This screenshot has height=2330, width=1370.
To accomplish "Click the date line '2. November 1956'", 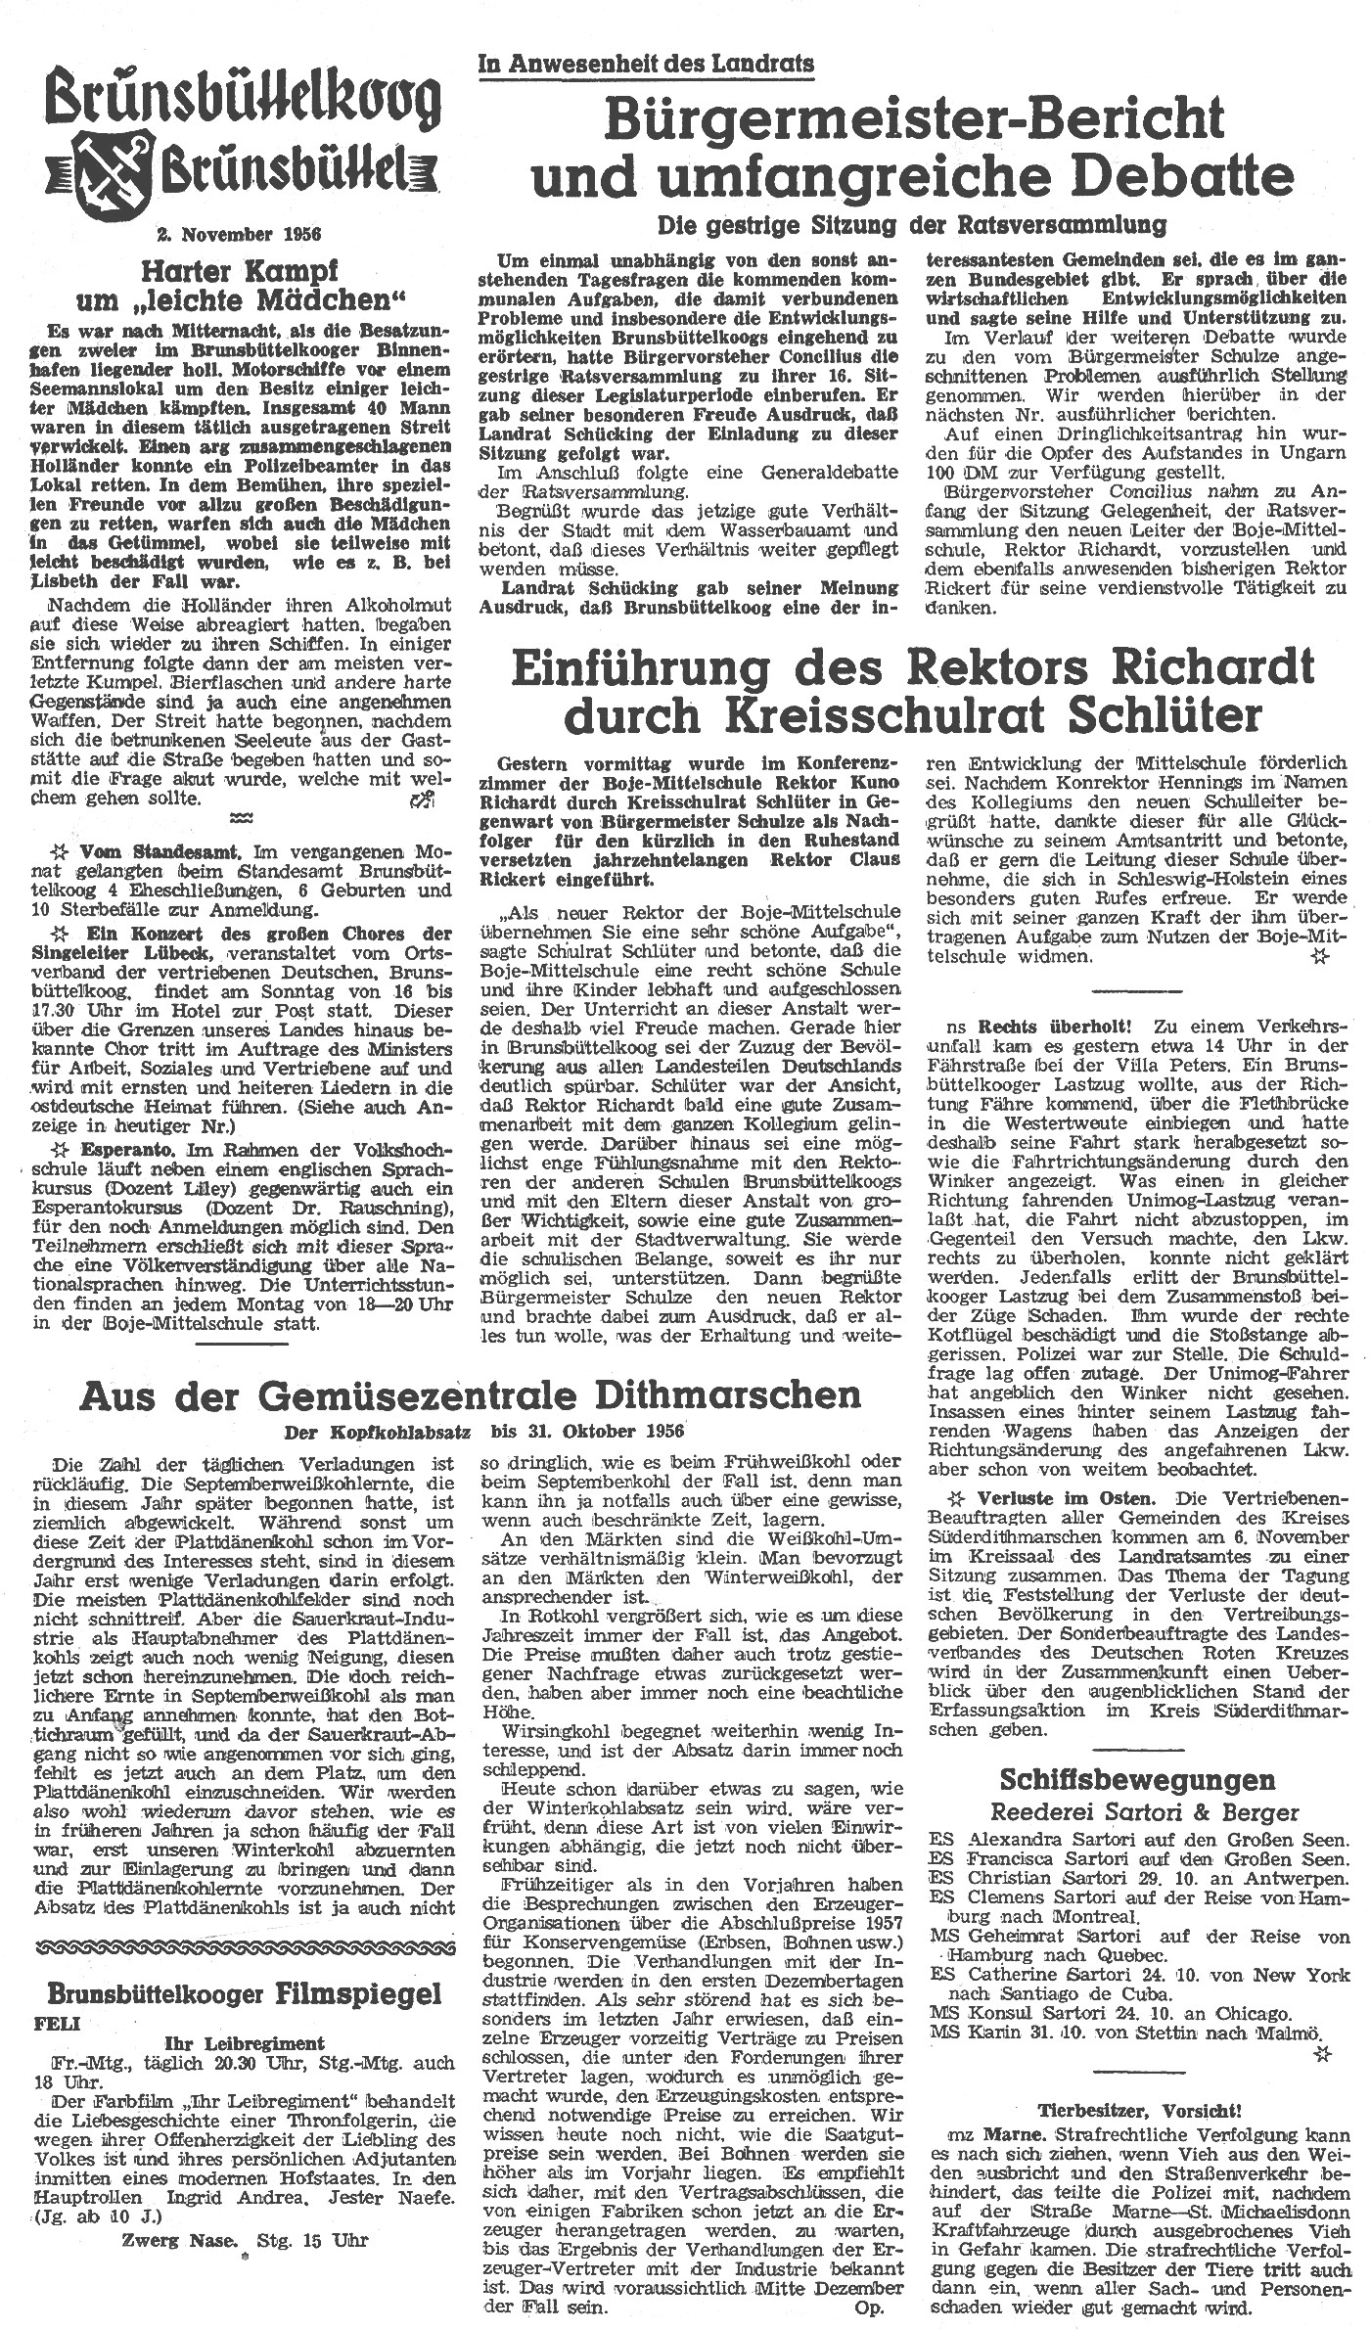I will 240,234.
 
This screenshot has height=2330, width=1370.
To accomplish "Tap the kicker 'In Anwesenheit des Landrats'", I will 646,65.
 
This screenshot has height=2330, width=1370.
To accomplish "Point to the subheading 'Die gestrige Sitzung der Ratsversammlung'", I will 911,224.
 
